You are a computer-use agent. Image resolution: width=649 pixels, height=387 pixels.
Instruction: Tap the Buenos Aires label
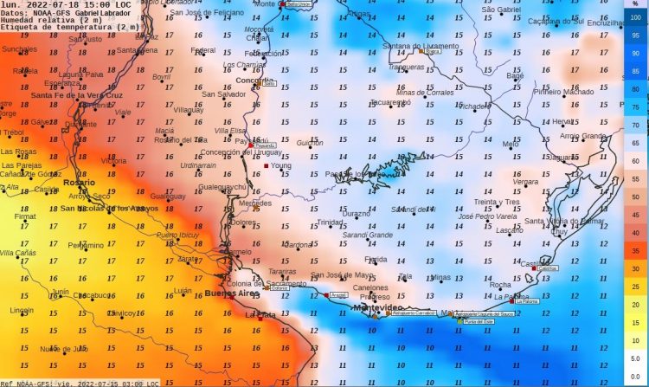coord(231,294)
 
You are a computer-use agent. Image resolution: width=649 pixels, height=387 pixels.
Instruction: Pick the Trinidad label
coord(330,222)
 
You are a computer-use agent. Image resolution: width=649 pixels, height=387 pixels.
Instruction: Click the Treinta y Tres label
coord(497,202)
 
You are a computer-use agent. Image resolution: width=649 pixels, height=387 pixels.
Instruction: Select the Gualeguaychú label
coord(223,186)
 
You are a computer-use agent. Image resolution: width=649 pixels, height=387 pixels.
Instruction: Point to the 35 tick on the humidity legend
coord(635,250)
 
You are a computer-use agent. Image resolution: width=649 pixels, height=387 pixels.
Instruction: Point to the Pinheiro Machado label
coord(563,91)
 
